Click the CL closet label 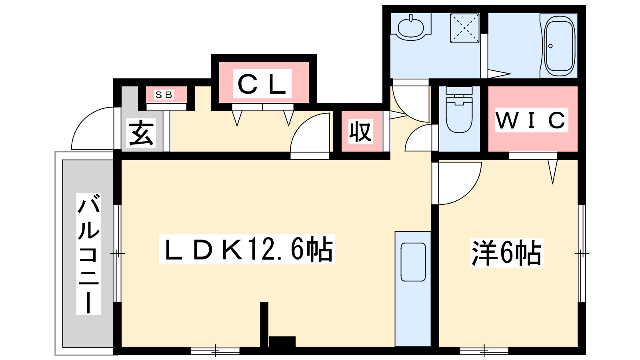(x=262, y=84)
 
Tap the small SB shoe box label (x=164, y=95)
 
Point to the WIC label (x=531, y=120)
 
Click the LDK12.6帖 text (x=247, y=249)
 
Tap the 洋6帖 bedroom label (x=506, y=253)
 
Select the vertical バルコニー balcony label (x=88, y=254)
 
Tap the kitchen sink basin (x=413, y=262)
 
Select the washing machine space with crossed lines (x=464, y=28)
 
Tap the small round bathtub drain (x=550, y=46)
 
